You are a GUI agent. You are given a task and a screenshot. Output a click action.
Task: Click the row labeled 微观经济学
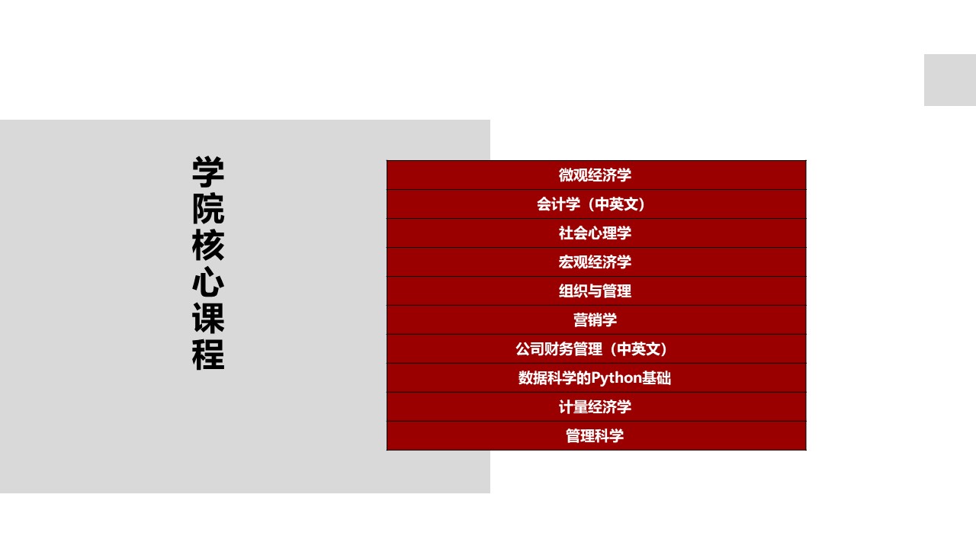[595, 175]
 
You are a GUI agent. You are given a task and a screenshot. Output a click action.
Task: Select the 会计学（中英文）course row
[595, 204]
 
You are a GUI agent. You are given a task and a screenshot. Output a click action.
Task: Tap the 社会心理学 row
[595, 233]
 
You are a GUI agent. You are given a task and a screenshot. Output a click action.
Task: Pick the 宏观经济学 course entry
[595, 262]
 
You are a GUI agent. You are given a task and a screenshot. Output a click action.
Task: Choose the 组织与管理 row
[595, 291]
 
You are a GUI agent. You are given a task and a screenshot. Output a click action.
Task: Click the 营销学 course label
[595, 320]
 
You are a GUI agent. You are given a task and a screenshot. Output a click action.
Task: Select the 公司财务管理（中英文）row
[595, 349]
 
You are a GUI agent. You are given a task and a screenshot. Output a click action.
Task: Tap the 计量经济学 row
[595, 407]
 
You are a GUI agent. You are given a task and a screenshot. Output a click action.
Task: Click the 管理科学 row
[595, 436]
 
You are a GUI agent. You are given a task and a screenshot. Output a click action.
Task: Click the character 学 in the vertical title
[208, 172]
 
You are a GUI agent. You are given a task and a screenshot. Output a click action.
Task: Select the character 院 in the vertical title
[208, 209]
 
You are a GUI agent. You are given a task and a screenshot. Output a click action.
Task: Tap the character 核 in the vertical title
[208, 246]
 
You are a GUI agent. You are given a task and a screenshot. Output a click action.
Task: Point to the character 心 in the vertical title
[208, 282]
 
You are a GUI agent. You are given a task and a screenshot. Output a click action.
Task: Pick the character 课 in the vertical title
[208, 319]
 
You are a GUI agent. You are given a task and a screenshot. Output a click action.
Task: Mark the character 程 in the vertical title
[208, 355]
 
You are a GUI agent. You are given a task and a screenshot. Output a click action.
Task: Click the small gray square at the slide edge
[950, 80]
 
